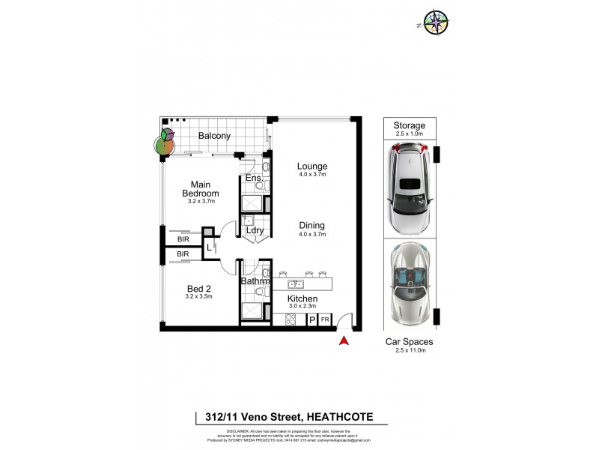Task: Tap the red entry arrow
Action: coord(344,341)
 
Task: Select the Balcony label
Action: coord(214,136)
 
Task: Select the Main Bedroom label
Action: coord(199,189)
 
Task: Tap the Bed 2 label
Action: coord(198,287)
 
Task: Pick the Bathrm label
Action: coord(255,281)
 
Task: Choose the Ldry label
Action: coord(254,230)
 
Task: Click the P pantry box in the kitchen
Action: coord(312,320)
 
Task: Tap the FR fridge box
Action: coord(325,320)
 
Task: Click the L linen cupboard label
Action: coord(209,247)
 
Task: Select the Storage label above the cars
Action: coord(409,125)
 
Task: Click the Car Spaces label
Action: coord(409,341)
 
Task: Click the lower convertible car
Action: coord(409,284)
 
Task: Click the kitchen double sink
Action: coord(296,284)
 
